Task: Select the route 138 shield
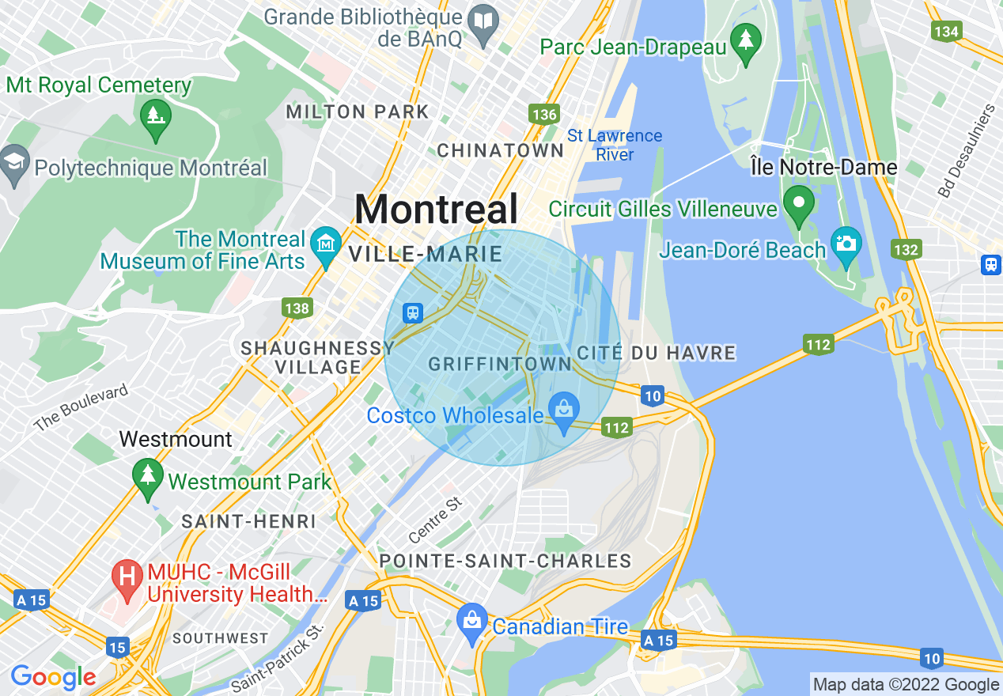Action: [x=297, y=308]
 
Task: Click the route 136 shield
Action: [x=544, y=115]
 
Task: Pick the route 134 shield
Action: [x=947, y=32]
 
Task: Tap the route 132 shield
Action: [x=906, y=250]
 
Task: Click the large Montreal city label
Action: [x=436, y=210]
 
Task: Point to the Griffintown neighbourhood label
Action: [x=499, y=364]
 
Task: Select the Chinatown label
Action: [x=500, y=150]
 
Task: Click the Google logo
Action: [x=54, y=677]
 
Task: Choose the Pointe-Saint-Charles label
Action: [x=505, y=562]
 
